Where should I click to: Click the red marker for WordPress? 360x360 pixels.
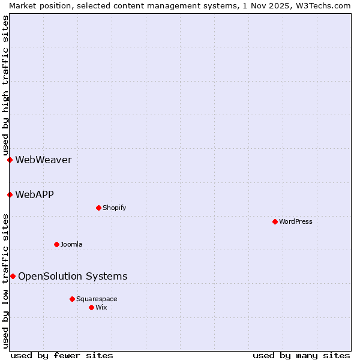click(x=275, y=221)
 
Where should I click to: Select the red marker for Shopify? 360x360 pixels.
click(x=98, y=208)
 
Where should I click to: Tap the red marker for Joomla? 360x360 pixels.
click(x=56, y=244)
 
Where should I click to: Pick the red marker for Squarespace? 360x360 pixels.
click(x=72, y=299)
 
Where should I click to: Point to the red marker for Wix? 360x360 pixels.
click(x=91, y=307)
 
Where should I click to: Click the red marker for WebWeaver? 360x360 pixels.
click(x=10, y=160)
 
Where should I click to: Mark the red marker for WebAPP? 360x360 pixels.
click(x=10, y=194)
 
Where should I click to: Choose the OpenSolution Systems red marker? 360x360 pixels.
click(x=13, y=276)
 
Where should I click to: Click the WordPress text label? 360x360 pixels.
click(x=296, y=221)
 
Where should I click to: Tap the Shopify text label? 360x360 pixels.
click(x=114, y=208)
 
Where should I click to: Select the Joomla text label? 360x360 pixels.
click(x=71, y=244)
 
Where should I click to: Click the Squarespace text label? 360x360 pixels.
click(x=97, y=299)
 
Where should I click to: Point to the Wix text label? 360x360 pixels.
click(x=101, y=307)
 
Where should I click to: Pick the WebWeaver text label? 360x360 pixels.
click(x=43, y=160)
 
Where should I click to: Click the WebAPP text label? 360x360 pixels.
click(x=34, y=194)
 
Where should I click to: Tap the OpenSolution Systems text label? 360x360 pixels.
click(x=73, y=276)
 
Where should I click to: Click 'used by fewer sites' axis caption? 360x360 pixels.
click(x=62, y=355)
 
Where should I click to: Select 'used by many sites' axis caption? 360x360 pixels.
click(x=301, y=355)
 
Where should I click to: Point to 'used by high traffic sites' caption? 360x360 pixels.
click(x=5, y=85)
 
